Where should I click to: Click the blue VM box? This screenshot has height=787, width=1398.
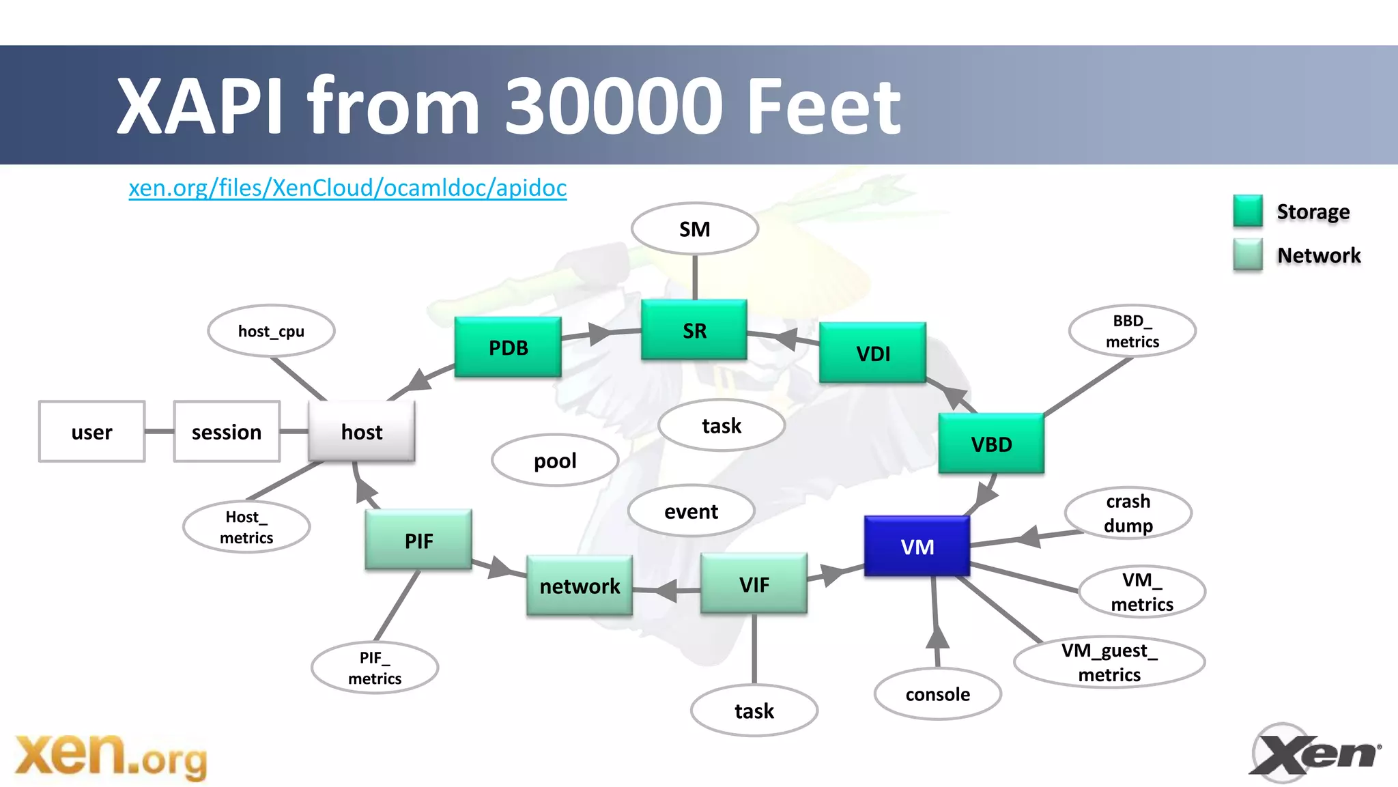(x=917, y=546)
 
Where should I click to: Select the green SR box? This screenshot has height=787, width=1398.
(x=694, y=330)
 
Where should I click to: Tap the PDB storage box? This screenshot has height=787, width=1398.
(x=508, y=347)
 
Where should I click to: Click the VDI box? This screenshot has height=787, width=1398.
(x=872, y=353)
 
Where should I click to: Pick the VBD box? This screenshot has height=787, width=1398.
(x=991, y=444)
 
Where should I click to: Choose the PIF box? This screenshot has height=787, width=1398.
(x=418, y=540)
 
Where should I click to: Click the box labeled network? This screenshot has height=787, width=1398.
(x=580, y=586)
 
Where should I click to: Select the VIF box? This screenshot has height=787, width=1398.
(x=754, y=584)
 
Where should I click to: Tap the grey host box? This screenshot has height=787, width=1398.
(x=361, y=431)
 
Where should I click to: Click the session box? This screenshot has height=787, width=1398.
(x=227, y=431)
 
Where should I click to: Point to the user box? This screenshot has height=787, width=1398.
(x=91, y=431)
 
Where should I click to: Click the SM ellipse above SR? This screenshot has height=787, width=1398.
(x=694, y=229)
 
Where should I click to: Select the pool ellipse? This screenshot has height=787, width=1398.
(x=555, y=461)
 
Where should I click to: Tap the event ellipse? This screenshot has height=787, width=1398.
(x=691, y=511)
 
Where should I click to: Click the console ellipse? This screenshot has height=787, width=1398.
(x=937, y=694)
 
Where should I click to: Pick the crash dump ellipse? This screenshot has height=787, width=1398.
(x=1128, y=513)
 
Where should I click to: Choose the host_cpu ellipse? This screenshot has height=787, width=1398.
(x=271, y=331)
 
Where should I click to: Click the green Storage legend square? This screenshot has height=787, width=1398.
(x=1247, y=211)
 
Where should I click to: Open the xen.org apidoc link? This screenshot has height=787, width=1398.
(x=347, y=188)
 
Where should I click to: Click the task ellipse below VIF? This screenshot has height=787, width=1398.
(x=754, y=711)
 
